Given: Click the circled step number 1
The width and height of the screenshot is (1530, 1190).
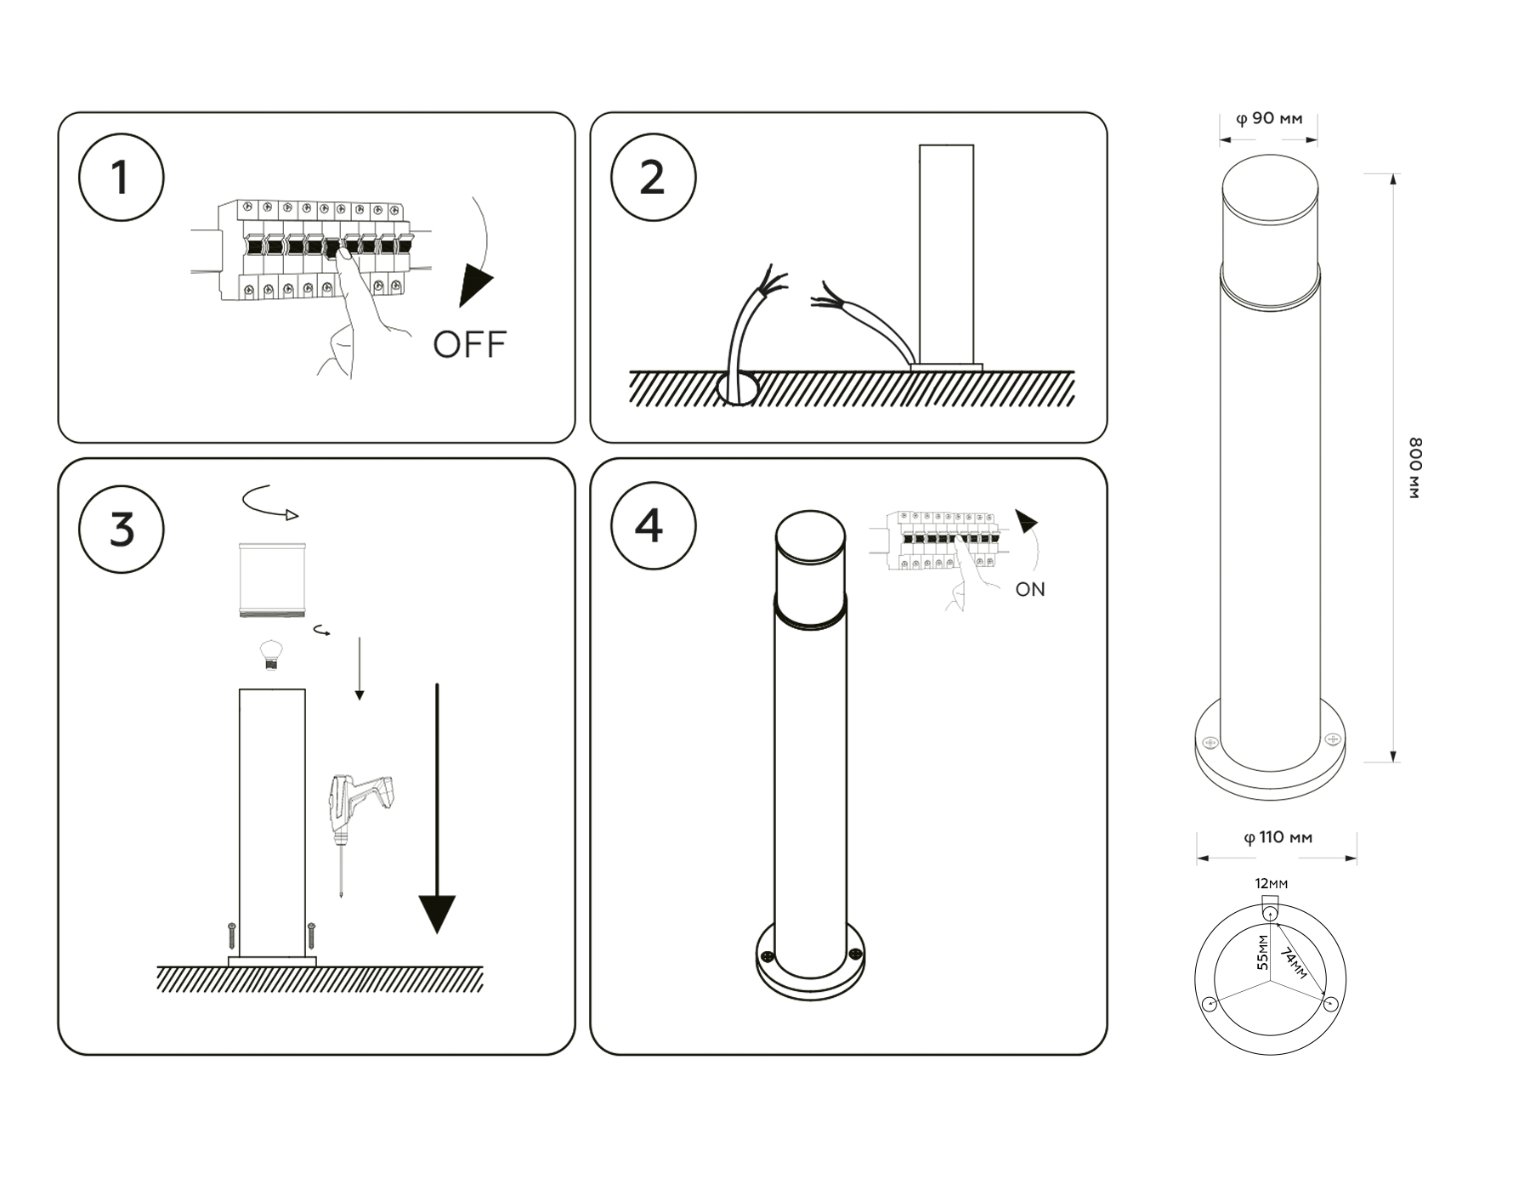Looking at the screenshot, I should pos(121,178).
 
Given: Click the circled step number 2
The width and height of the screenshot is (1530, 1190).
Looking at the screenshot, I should pos(653,178).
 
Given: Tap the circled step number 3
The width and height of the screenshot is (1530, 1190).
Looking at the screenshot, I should pos(122,529).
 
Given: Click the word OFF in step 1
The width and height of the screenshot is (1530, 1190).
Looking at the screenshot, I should pos(469,345).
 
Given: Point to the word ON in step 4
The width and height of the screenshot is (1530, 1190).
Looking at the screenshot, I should pos(1030,590).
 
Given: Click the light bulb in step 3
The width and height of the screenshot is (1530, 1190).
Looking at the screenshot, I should pos(270,654).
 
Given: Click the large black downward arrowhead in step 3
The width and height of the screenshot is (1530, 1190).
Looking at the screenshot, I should pos(437,914).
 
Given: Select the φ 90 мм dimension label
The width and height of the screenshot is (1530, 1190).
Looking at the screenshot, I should pos(1268,119).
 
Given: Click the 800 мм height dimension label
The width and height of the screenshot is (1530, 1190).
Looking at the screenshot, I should pos(1414,467).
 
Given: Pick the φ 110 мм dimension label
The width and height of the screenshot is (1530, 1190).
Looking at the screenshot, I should pos(1278,838).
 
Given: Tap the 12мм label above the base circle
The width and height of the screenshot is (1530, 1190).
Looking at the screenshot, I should pos(1272,884).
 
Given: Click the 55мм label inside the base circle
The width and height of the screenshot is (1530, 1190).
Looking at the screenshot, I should pos(1263,953).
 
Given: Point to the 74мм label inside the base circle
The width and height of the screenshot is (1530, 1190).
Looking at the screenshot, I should pos(1294,965).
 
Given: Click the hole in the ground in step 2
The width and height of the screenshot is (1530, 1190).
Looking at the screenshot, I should pos(738,388).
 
